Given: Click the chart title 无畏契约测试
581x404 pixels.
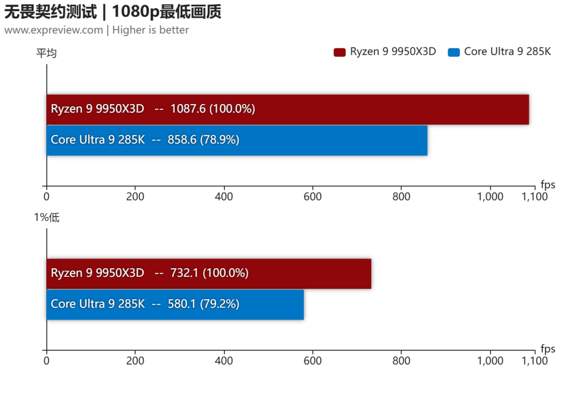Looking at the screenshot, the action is pyautogui.click(x=51, y=11).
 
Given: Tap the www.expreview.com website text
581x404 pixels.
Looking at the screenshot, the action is pyautogui.click(x=54, y=30).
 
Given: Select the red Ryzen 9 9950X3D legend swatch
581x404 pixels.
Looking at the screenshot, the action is pyautogui.click(x=339, y=52).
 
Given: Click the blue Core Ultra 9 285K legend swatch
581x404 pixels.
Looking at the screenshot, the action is pyautogui.click(x=454, y=52).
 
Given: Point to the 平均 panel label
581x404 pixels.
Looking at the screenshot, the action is pyautogui.click(x=46, y=53).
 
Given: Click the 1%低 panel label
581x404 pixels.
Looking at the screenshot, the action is pyautogui.click(x=46, y=217).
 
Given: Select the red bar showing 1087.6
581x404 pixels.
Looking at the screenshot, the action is pyautogui.click(x=287, y=109).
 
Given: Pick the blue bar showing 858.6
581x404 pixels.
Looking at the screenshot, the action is pyautogui.click(x=237, y=140).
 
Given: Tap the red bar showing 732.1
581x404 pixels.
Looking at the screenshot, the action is pyautogui.click(x=209, y=274).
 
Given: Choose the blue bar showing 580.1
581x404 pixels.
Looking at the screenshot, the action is pyautogui.click(x=175, y=304).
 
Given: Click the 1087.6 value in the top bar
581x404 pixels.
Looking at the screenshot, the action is pyautogui.click(x=188, y=109).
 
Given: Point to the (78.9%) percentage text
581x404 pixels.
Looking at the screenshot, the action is pyautogui.click(x=219, y=140).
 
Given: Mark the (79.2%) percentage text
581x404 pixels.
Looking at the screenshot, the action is pyautogui.click(x=219, y=304).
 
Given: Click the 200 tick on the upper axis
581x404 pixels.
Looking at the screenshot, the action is pyautogui.click(x=135, y=196).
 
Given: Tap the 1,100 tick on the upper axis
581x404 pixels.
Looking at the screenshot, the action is pyautogui.click(x=535, y=196).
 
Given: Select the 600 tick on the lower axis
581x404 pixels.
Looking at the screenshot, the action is pyautogui.click(x=313, y=360).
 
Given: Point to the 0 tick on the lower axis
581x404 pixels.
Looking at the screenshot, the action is pyautogui.click(x=46, y=360).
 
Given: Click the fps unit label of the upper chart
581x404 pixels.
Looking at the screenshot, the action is pyautogui.click(x=548, y=184).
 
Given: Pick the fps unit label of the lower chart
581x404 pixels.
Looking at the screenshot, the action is pyautogui.click(x=548, y=349).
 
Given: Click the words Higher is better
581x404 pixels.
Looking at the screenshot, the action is pyautogui.click(x=151, y=30).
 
